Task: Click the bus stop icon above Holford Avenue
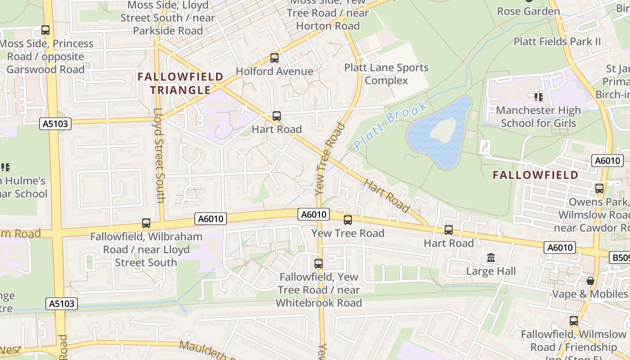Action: pos(274,58)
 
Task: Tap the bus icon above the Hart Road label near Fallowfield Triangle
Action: pos(277,117)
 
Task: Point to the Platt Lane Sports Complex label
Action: pos(386,74)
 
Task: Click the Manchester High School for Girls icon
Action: pos(538,97)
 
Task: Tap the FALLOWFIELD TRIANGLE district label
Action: pos(180,83)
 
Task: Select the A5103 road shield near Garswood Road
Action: pos(55,124)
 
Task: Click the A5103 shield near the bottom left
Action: pos(62,303)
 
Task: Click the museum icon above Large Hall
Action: pos(491,258)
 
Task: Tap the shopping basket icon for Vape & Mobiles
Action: pos(590,281)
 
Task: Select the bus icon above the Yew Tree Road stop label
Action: pos(348,220)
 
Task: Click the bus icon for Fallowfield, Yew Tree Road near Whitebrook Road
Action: pos(319,264)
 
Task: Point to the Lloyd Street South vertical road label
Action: pos(159,155)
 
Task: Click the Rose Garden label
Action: pos(528,11)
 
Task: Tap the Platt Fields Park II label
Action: pos(557,41)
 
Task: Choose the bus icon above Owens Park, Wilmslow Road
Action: pos(599,189)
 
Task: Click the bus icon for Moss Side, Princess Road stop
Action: pos(45,30)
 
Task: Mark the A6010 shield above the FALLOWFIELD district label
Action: pos(607,161)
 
